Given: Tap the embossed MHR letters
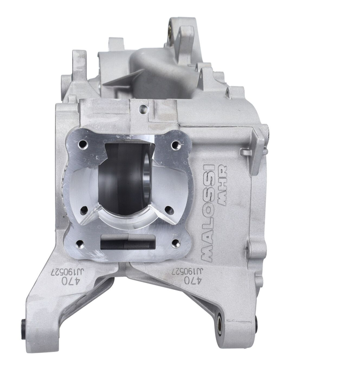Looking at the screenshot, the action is [x=222, y=185].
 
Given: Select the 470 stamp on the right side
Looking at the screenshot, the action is [x=192, y=280].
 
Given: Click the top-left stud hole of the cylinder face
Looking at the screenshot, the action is [x=82, y=144].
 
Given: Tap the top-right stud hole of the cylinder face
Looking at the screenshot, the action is [x=175, y=145].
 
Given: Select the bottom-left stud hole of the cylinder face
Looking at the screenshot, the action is [x=80, y=244].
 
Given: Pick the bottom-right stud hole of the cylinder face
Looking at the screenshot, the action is [x=176, y=243].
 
